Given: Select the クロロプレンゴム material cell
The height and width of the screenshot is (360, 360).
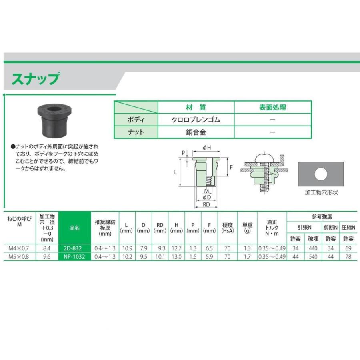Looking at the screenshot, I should [x=196, y=120].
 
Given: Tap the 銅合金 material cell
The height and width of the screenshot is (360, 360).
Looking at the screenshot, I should [x=196, y=132].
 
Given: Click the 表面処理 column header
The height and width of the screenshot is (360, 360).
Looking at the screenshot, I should [x=272, y=107].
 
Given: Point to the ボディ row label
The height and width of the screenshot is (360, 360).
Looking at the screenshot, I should [x=136, y=120].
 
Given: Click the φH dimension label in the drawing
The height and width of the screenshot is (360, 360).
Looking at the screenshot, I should [x=207, y=148].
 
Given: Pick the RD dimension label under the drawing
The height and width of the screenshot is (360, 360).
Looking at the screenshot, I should [x=207, y=204].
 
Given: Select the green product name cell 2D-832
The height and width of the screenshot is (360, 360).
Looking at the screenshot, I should [x=74, y=248].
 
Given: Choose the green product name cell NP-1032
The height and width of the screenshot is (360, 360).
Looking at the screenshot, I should [x=74, y=257].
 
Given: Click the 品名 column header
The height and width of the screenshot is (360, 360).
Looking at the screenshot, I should [x=74, y=228].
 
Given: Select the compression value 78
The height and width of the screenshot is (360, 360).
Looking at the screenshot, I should [x=348, y=257].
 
